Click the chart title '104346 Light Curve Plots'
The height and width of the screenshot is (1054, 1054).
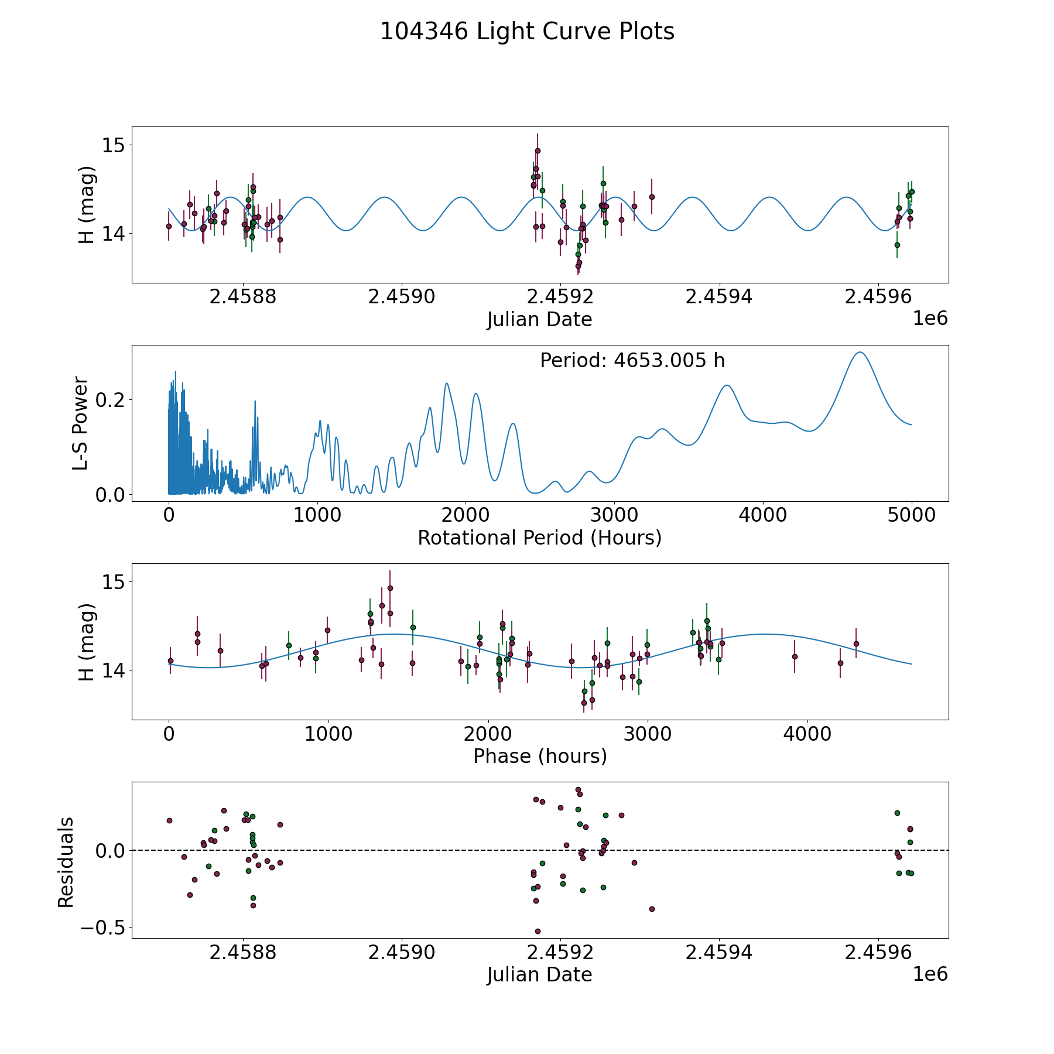tap(527, 32)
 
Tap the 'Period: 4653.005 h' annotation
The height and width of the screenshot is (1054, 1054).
tap(632, 361)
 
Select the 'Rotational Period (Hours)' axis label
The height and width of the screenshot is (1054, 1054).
tap(539, 538)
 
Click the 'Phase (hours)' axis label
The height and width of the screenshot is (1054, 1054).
tap(540, 756)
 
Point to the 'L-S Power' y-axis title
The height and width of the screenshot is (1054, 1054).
tap(81, 423)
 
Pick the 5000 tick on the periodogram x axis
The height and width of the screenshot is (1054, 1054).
tap(911, 515)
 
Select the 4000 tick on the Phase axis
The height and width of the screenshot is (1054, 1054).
tap(807, 734)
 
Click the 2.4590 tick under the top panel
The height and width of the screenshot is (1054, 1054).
tap(402, 297)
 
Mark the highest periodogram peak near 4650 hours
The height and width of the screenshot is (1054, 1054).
tap(860, 352)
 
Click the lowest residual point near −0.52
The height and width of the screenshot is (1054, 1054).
tap(538, 931)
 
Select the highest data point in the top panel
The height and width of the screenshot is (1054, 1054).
tap(538, 150)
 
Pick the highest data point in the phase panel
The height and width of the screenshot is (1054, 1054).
tap(390, 588)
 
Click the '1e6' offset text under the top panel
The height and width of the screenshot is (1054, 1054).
tap(930, 319)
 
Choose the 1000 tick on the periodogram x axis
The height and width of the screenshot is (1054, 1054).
tap(317, 515)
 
